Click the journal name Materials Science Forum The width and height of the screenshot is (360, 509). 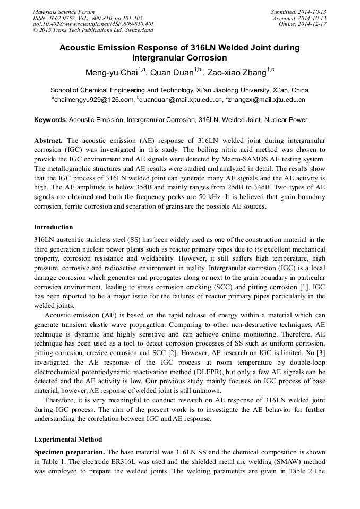[64, 12]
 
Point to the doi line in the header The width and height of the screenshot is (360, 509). [93, 24]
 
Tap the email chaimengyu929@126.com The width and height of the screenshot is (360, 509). [92, 99]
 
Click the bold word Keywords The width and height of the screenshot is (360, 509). [50, 120]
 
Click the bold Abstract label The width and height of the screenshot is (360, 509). [48, 141]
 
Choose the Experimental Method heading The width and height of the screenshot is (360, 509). [68, 439]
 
